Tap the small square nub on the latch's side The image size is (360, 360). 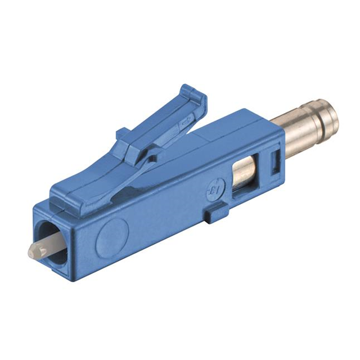coord(120,134)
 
